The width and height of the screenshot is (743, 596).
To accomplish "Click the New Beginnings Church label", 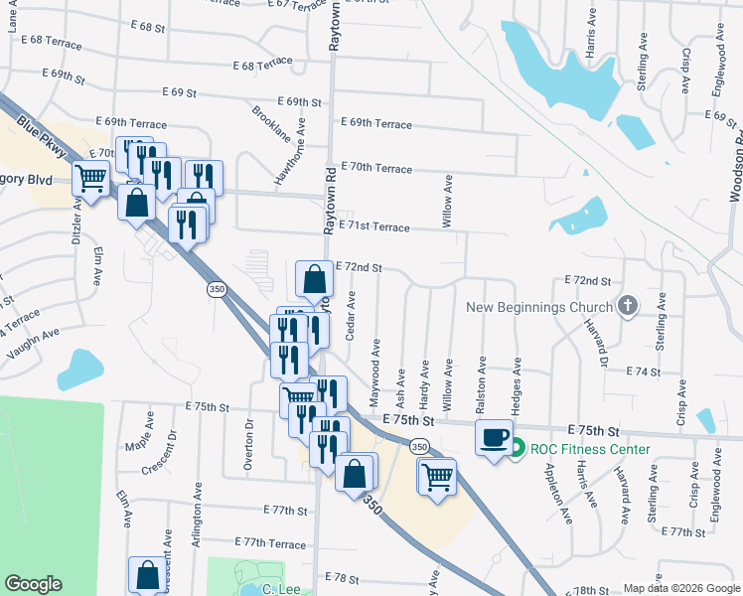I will tap(539, 307).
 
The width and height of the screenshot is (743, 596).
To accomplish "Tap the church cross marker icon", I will tap(627, 307).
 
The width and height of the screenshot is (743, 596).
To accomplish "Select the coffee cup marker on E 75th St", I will tap(494, 438).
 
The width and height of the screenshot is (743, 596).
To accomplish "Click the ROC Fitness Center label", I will tap(590, 449).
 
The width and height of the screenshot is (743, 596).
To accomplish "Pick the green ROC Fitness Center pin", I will tap(517, 449).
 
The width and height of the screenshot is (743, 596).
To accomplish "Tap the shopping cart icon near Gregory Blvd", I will tap(90, 181).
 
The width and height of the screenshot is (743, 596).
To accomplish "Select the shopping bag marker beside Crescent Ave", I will tap(147, 575).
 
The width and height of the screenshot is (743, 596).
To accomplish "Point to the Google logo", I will tap(34, 584).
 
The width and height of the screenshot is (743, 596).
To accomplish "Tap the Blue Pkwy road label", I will tap(38, 138).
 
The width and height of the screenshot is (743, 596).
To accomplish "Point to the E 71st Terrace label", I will tap(373, 227).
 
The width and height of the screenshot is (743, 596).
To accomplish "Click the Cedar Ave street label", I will tap(351, 316).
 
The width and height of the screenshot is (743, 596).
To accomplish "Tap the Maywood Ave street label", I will tap(376, 372).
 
